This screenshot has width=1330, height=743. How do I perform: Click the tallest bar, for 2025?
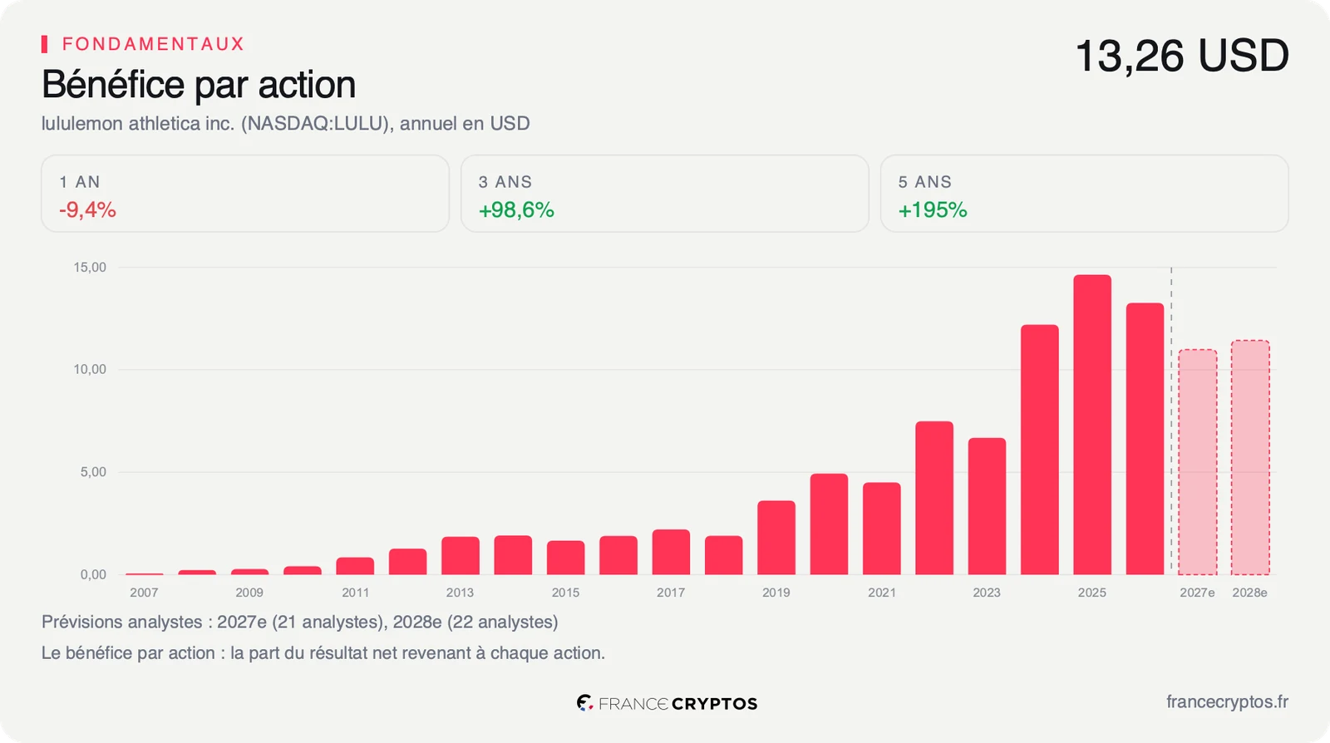tap(1092, 425)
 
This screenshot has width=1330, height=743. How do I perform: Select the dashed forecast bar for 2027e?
tap(1198, 462)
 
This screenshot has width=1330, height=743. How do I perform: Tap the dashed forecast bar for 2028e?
tap(1250, 457)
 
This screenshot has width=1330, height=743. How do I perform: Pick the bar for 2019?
tap(776, 538)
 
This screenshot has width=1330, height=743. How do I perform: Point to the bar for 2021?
tap(882, 529)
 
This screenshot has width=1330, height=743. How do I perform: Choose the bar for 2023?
tap(987, 506)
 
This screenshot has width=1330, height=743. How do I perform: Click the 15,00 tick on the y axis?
tap(90, 267)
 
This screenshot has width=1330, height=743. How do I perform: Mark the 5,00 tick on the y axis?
tap(93, 472)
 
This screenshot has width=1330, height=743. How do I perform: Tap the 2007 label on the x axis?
tap(144, 593)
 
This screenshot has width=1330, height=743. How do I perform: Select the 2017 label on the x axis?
tap(670, 593)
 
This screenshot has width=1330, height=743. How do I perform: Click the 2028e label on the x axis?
tap(1250, 593)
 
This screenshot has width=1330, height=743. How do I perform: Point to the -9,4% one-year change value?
tap(87, 210)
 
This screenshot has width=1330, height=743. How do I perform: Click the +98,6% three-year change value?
tap(516, 210)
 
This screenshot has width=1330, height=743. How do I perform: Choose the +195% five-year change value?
tap(932, 210)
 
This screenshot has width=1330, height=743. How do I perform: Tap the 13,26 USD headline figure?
tap(1181, 56)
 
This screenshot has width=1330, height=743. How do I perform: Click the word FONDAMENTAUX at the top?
tap(153, 44)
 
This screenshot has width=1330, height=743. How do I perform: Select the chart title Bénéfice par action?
tap(199, 84)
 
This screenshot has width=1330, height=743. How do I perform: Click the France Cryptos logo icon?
tap(585, 702)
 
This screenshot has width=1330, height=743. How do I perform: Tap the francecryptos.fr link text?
tap(1227, 702)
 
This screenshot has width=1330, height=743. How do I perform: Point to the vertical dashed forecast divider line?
tap(1171, 421)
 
